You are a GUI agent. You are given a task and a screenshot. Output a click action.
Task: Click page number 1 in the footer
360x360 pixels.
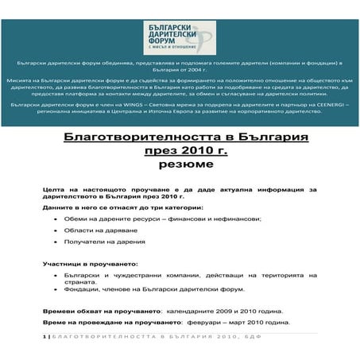(x=45, y=339)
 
